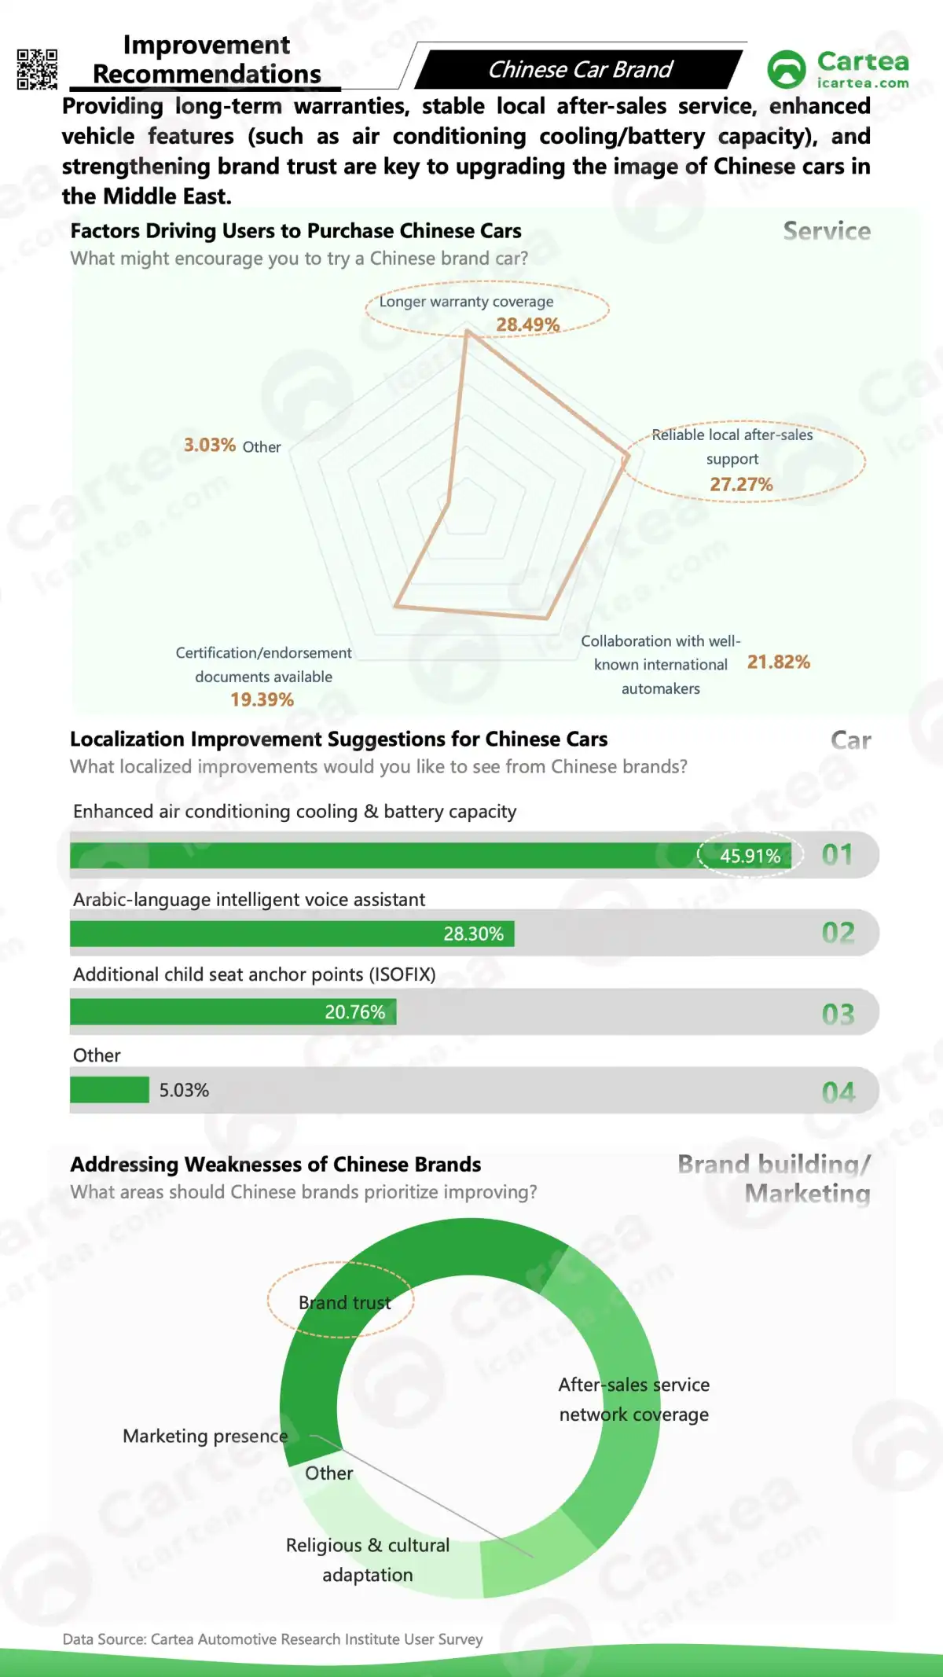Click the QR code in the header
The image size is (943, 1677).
37,69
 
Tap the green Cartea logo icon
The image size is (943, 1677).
786,69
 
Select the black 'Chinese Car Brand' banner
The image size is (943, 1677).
579,70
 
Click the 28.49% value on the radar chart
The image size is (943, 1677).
527,325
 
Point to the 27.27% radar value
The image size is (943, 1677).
741,484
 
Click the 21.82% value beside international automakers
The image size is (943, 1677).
778,662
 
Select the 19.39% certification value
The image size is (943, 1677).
262,699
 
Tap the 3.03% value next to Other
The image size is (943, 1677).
210,445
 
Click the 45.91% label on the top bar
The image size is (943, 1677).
750,856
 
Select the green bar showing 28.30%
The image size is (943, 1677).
292,934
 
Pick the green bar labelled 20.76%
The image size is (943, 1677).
233,1012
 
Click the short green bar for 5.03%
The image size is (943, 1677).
109,1090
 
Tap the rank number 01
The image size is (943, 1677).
837,854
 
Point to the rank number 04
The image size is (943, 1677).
838,1092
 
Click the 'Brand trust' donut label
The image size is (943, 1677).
344,1302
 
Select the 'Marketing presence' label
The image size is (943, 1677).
205,1436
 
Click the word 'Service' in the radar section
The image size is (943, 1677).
827,231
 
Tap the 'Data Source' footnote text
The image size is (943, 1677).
272,1638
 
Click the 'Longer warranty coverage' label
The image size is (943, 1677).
466,302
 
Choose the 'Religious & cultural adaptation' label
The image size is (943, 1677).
367,1560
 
